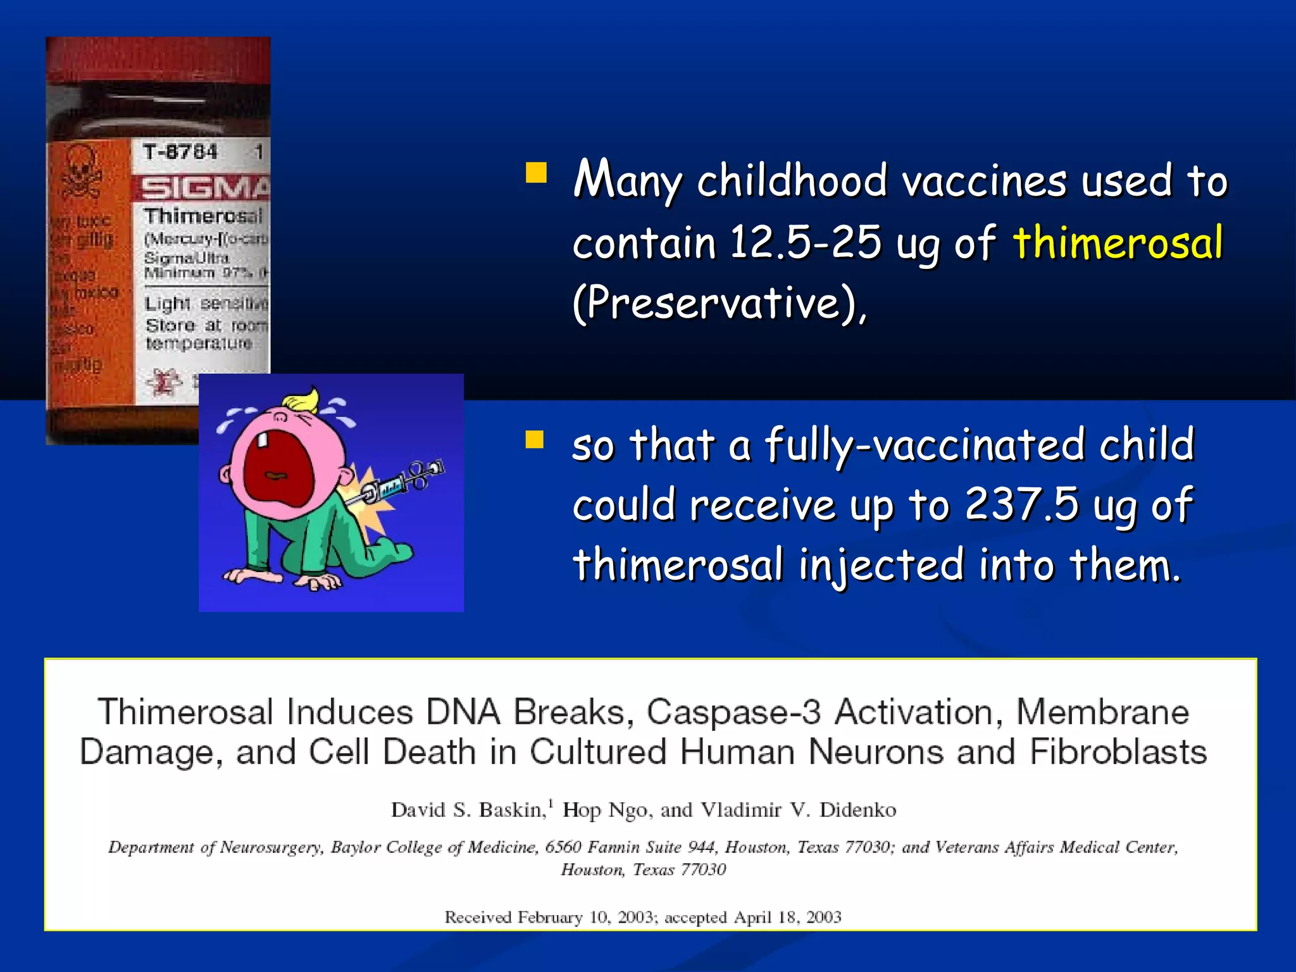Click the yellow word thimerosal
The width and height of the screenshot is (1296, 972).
pos(1118,243)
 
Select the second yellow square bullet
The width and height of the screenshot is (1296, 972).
pos(535,439)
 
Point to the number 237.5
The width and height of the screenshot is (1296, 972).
pos(1021,504)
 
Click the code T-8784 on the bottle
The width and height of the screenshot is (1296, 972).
pos(180,153)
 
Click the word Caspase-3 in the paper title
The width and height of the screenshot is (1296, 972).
pos(733,712)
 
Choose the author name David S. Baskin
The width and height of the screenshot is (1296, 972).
pos(468,810)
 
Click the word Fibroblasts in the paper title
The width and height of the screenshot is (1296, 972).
pos(1118,752)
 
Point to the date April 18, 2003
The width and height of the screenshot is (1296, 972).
pos(787,917)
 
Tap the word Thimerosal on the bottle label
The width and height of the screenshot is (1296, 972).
pos(202,216)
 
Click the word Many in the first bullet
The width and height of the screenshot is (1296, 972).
pos(626,180)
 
